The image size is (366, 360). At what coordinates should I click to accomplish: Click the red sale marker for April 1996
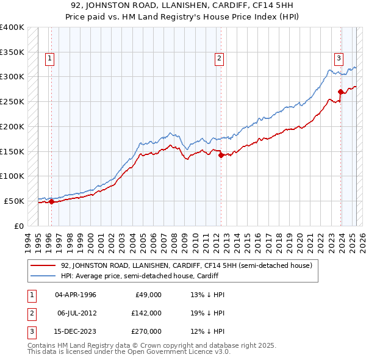[x=51, y=201]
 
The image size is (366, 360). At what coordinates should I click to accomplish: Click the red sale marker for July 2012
[x=221, y=155]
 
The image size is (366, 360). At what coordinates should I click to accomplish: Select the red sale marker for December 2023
[x=340, y=92]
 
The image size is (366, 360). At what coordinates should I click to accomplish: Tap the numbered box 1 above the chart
[x=49, y=59]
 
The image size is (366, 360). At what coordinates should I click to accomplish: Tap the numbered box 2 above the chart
[x=218, y=59]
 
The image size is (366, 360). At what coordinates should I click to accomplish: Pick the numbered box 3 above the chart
[x=338, y=59]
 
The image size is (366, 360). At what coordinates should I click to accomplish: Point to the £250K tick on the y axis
[x=12, y=101]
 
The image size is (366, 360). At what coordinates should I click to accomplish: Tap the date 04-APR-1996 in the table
[x=76, y=294]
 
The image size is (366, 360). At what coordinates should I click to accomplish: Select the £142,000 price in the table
[x=147, y=313]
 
